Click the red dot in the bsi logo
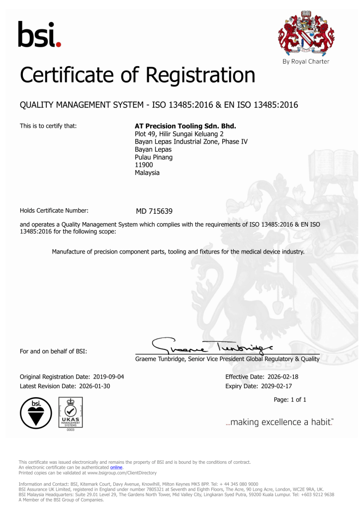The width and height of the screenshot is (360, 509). click(59, 45)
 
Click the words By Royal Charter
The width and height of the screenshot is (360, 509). click(305, 62)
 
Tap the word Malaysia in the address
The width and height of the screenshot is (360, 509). click(147, 172)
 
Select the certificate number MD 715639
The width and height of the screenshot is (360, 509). click(154, 211)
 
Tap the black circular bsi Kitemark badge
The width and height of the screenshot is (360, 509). click(35, 413)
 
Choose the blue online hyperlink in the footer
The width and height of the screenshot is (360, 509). click(116, 468)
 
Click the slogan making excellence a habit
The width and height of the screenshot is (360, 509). click(279, 422)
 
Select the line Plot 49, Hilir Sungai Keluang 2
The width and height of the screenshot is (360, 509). click(180, 134)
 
